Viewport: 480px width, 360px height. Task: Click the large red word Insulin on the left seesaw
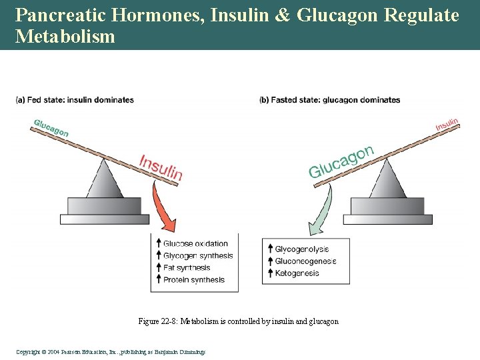coord(161,167)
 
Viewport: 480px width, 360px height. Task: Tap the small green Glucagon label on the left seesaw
coord(51,127)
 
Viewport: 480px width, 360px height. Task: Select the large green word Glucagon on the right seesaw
coord(340,162)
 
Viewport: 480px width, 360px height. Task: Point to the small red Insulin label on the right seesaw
coord(447,125)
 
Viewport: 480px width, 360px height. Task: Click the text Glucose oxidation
coord(195,244)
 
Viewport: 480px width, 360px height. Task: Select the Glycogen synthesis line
coord(198,256)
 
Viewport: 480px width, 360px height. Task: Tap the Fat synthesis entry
coord(187,268)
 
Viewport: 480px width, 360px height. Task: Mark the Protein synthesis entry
coord(194,280)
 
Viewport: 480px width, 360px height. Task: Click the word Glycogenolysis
coord(302,249)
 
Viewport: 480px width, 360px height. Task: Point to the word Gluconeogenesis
coord(305,261)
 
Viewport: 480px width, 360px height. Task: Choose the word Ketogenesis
coord(297,273)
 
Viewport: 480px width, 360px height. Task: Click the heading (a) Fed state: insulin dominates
coord(75,100)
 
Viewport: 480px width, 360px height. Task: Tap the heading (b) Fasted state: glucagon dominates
coord(329,100)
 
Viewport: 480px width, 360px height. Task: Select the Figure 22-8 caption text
coord(238,321)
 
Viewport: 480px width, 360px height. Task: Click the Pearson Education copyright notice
coord(111,351)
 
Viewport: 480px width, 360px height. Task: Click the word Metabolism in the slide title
coord(65,36)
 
